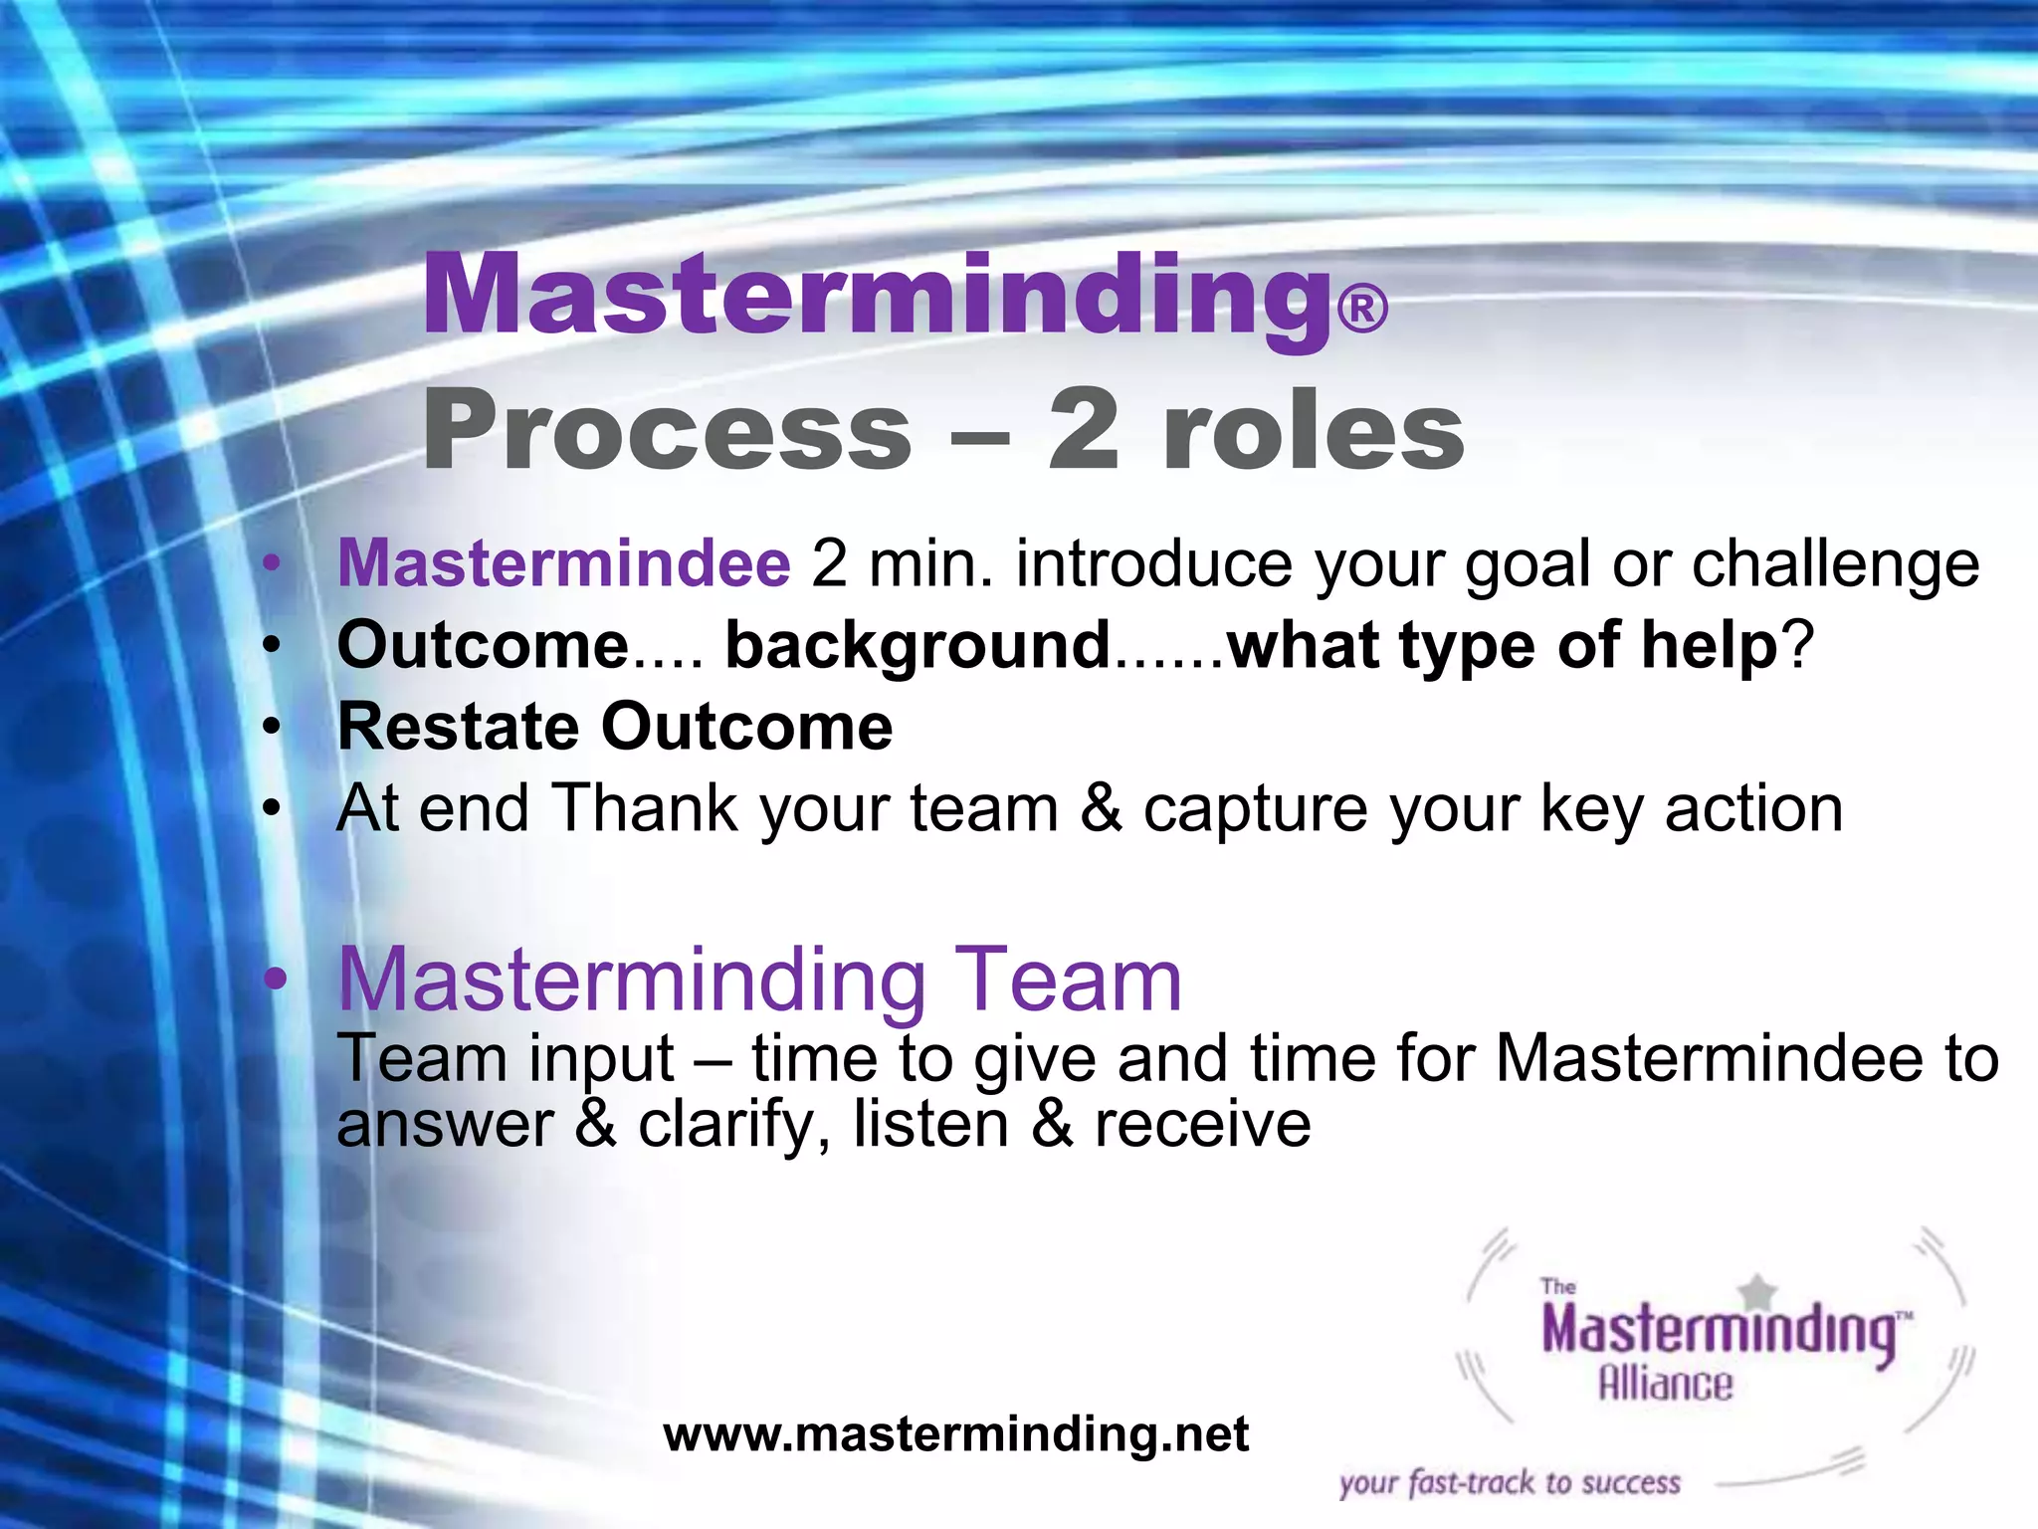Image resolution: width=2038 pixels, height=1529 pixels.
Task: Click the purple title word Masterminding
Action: click(x=876, y=296)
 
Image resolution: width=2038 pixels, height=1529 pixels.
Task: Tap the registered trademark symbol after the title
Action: click(x=1362, y=309)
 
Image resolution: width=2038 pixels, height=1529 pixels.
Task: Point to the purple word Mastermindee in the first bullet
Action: click(x=564, y=563)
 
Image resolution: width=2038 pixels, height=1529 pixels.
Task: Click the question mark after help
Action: click(x=1798, y=645)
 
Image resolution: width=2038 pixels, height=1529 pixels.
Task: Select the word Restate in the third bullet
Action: click(x=458, y=726)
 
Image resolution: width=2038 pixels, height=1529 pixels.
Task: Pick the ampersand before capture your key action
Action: click(x=1101, y=808)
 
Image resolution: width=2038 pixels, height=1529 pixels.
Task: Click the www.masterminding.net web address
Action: click(x=955, y=1434)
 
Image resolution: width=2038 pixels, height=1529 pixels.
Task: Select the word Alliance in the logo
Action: click(x=1665, y=1385)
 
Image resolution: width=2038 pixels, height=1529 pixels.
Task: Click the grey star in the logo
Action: click(x=1759, y=1292)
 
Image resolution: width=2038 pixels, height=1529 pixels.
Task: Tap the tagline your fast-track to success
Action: click(x=1509, y=1483)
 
